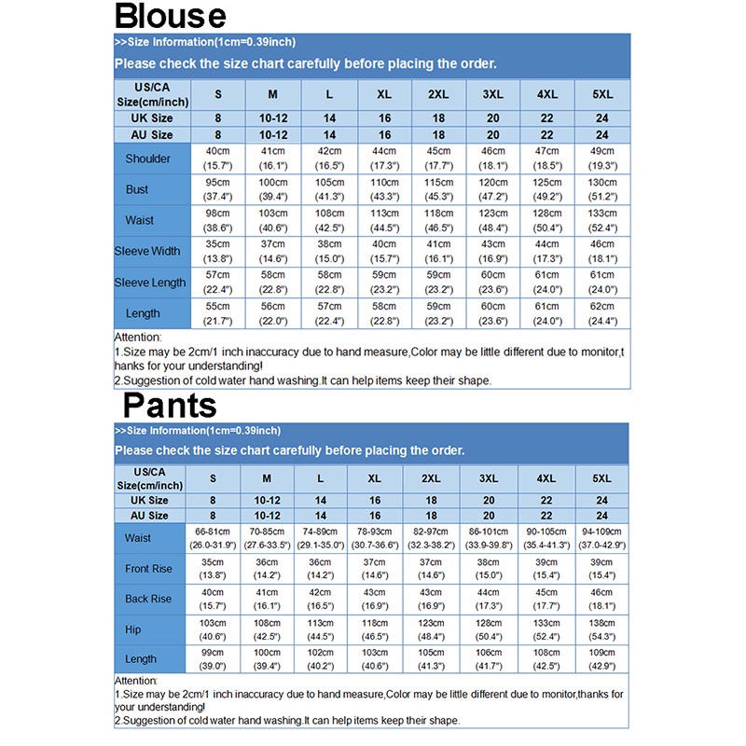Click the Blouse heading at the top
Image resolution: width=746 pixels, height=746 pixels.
click(x=170, y=17)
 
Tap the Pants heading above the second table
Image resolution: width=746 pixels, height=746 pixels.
click(x=170, y=406)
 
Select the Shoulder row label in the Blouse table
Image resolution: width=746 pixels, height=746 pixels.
click(x=148, y=159)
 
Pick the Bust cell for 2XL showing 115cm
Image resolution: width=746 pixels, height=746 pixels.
click(x=438, y=189)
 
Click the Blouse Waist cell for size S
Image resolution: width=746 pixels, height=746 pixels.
click(x=218, y=220)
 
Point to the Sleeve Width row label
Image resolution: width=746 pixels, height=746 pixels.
click(x=147, y=251)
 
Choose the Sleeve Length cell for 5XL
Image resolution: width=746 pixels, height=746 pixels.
click(x=602, y=282)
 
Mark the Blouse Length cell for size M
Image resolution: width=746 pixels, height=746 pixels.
click(x=273, y=313)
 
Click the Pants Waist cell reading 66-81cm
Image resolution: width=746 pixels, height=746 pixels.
click(x=214, y=538)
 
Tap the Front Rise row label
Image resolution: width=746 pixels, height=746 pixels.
click(x=148, y=569)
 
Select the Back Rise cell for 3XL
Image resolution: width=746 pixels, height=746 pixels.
click(x=490, y=599)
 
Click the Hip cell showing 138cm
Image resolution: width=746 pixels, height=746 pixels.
click(x=603, y=629)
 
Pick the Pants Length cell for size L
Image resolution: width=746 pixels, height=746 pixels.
click(x=322, y=659)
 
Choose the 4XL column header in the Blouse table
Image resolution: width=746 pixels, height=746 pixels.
click(x=547, y=95)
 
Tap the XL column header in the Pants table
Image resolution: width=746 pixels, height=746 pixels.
click(x=376, y=478)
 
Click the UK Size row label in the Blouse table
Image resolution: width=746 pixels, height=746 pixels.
click(x=149, y=118)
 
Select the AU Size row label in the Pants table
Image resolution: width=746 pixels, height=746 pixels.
click(x=149, y=516)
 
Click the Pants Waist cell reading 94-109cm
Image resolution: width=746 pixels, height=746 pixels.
click(x=603, y=538)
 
